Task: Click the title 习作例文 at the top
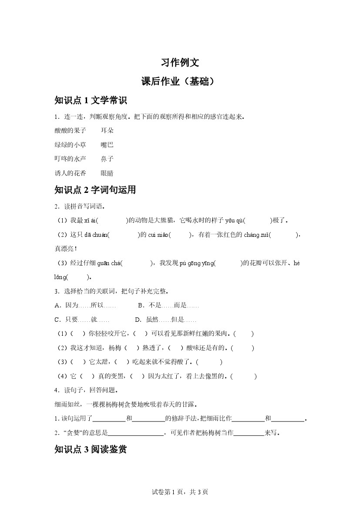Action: pos(180,62)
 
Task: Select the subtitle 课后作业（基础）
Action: pos(180,81)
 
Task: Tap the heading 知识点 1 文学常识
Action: pos(91,101)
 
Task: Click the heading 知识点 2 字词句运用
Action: pos(95,190)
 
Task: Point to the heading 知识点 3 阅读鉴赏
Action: pos(91,449)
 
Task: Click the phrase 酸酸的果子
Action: pos(71,130)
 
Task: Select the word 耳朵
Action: pos(107,130)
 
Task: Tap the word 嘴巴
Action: pos(107,145)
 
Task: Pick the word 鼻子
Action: pos(107,159)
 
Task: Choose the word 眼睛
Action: pos(107,173)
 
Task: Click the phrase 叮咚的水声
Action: pos(71,159)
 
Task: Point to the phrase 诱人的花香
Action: pos(71,173)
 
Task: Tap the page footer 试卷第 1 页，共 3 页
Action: pos(180,492)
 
